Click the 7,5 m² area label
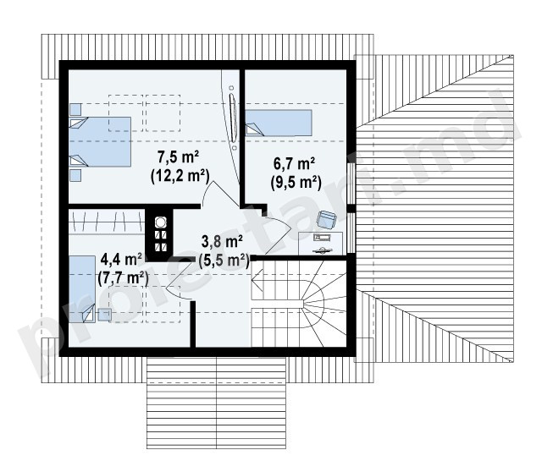pos(178,157)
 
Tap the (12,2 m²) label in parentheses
pos(180,176)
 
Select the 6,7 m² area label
pos(294,163)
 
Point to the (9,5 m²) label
pos(296,182)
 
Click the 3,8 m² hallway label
pos(222,242)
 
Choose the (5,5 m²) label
pos(224,261)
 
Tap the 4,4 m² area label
pos(121,259)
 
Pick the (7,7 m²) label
pos(124,278)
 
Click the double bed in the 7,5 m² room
pos(100,141)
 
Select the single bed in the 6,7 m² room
pos(279,123)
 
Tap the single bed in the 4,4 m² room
pos(82,289)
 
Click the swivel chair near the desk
pos(327,220)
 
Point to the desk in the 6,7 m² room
pos(321,244)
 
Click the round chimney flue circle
pos(160,222)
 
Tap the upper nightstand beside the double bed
pos(75,109)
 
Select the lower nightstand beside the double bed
pos(75,175)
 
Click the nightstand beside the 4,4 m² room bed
pos(104,315)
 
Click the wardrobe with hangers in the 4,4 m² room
pos(107,222)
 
